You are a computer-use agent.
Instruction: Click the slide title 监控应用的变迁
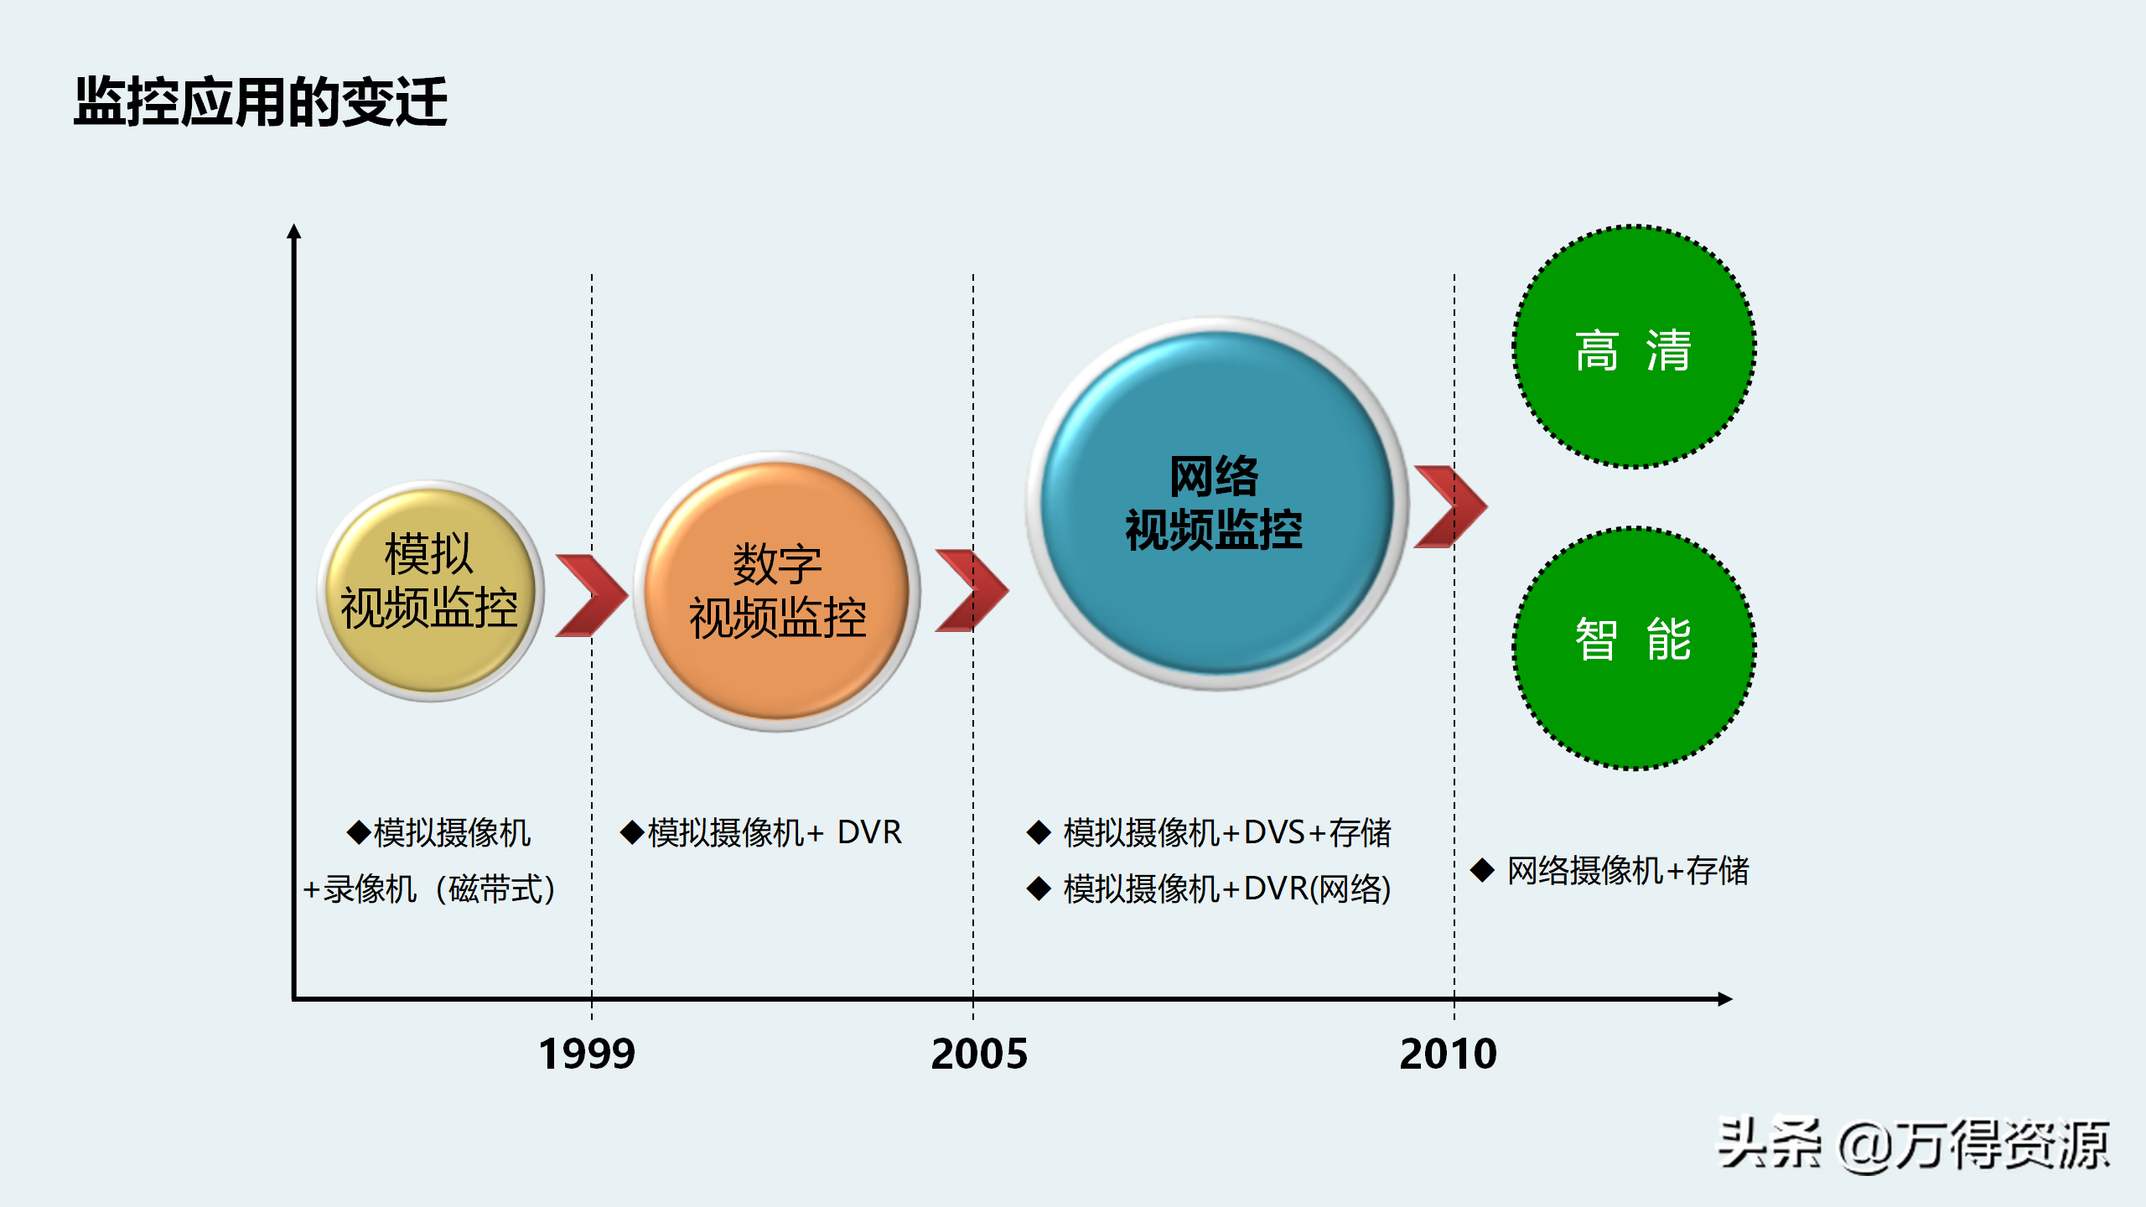tap(261, 102)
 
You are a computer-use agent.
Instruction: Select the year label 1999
tap(587, 1054)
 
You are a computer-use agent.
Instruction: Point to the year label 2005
tap(978, 1054)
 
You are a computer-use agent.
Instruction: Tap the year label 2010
tap(1448, 1054)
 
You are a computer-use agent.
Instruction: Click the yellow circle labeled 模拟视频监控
tap(430, 591)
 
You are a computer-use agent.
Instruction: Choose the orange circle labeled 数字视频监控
tap(777, 591)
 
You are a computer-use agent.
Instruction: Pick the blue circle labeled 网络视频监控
tap(1216, 503)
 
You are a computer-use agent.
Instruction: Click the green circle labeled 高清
tap(1634, 347)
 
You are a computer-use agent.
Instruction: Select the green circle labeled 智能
tap(1634, 647)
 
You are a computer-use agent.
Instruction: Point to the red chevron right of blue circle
tap(1451, 506)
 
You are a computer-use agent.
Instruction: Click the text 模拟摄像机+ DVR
tap(761, 832)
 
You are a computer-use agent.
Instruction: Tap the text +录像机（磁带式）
tap(429, 888)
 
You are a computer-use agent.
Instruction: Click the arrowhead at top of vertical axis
tap(293, 232)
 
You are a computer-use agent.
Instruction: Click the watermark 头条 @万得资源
tap(1913, 1145)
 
